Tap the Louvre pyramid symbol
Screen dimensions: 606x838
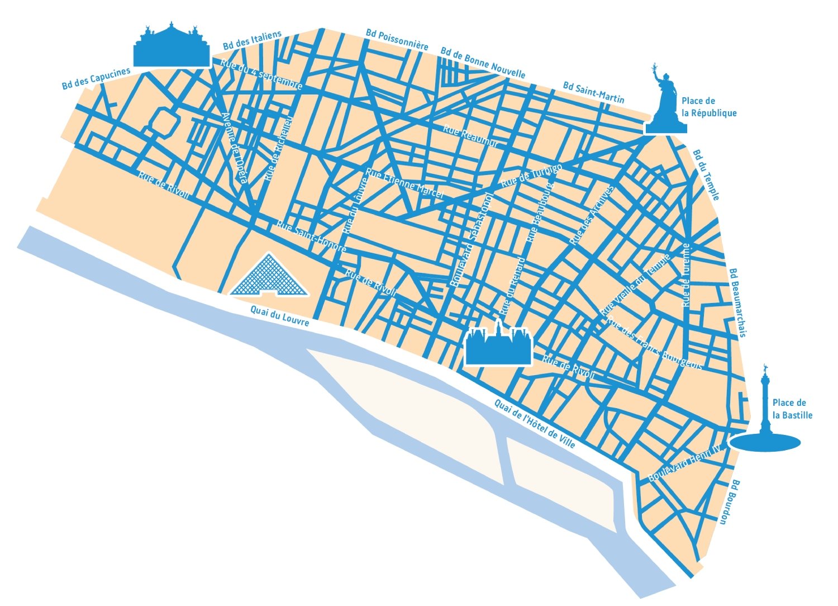coord(269,276)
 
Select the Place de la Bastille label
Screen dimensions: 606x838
coord(792,409)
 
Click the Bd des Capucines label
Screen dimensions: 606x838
coord(96,78)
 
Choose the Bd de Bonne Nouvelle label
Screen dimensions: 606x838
coord(483,62)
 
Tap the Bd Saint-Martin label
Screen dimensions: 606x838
coord(593,93)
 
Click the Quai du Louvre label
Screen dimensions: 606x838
coord(279,315)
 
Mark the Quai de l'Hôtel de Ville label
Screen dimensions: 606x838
coord(534,423)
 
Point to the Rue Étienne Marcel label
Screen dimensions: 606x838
coord(404,183)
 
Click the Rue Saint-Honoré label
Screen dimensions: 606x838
coord(311,236)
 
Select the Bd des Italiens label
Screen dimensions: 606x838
coord(252,40)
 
